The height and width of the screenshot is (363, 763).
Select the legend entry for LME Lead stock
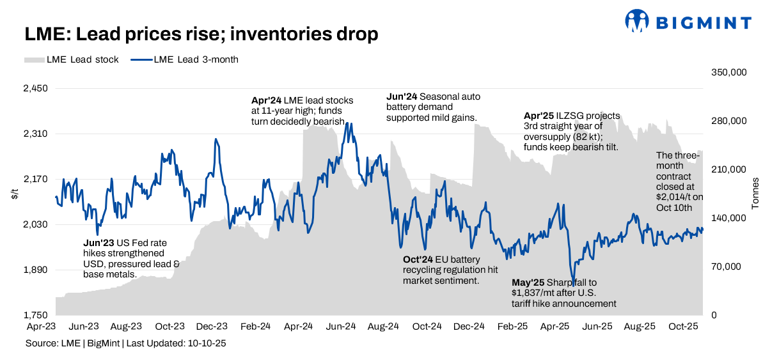(x=72, y=59)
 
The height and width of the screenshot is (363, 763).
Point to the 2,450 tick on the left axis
(x=36, y=89)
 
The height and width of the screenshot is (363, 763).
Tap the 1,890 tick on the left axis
(x=36, y=270)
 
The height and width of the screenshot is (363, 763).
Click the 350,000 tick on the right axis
(x=729, y=73)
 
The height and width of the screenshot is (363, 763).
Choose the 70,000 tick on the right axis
(x=727, y=266)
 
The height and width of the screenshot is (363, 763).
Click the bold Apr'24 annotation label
(x=266, y=100)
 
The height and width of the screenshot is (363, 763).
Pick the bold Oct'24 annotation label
(x=417, y=259)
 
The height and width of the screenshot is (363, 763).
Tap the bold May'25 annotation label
(x=528, y=282)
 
